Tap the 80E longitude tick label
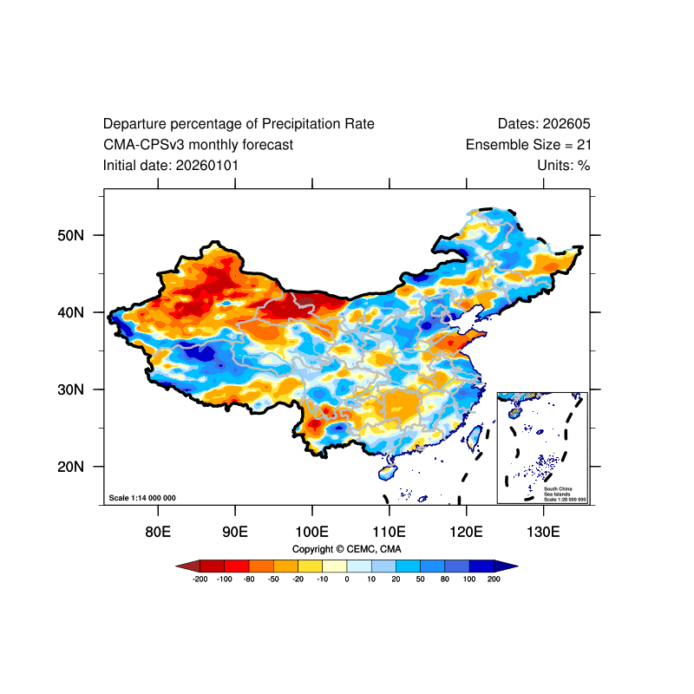157,531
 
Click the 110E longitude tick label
389,531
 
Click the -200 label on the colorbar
200,579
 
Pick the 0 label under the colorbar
347,579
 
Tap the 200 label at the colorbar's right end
494,579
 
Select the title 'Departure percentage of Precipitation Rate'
239,124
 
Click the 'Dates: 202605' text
544,124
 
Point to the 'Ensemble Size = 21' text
528,145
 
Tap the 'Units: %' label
563,165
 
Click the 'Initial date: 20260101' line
171,165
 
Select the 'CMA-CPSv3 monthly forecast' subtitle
198,145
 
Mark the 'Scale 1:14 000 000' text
142,498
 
